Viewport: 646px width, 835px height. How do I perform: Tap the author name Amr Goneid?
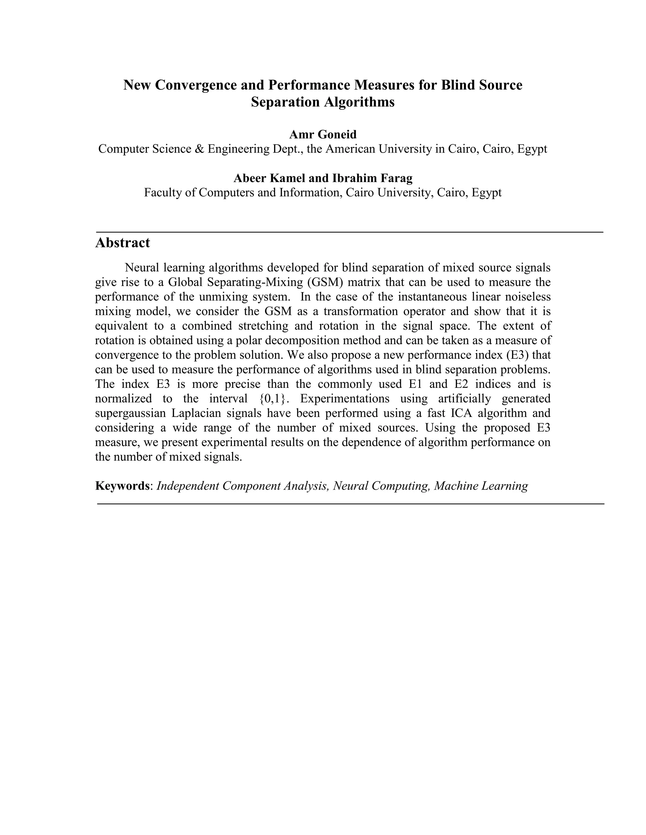point(323,135)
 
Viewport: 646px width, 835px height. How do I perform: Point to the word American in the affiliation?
point(350,149)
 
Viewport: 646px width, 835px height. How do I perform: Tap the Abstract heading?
point(122,243)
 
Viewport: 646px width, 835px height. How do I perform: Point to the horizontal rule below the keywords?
point(350,504)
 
